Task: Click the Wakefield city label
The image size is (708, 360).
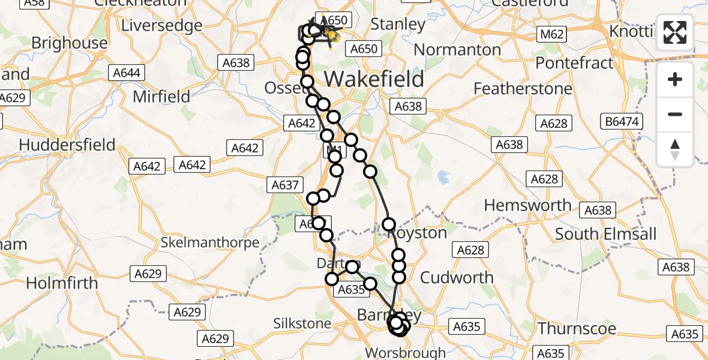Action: pos(374,79)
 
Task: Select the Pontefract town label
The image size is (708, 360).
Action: pos(574,62)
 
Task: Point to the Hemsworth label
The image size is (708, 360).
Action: pos(527,205)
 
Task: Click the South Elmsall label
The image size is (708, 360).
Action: pos(606,233)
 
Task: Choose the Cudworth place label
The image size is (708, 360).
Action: pos(457,277)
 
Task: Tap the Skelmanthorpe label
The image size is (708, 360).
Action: pos(210,243)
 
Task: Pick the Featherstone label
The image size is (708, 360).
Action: pos(523,89)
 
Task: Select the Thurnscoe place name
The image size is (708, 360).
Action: pos(577,329)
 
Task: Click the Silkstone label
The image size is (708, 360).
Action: pos(302,324)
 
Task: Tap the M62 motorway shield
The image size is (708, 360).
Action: pos(551,34)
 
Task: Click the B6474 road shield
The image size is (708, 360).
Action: pos(623,122)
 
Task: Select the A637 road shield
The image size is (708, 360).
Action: pos(285,185)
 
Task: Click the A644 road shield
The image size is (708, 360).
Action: pos(127,73)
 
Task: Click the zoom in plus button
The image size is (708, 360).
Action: pos(675,79)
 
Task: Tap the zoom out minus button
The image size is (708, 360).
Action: pos(675,114)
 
